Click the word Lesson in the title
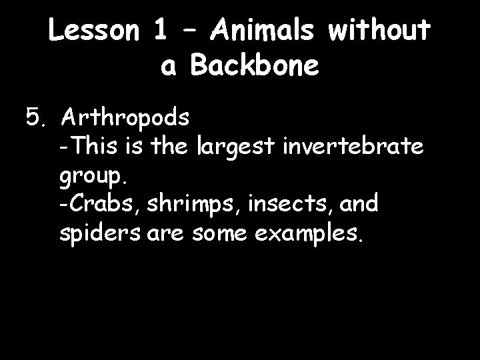point(93,31)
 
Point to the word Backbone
point(263,65)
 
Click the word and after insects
point(358,205)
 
